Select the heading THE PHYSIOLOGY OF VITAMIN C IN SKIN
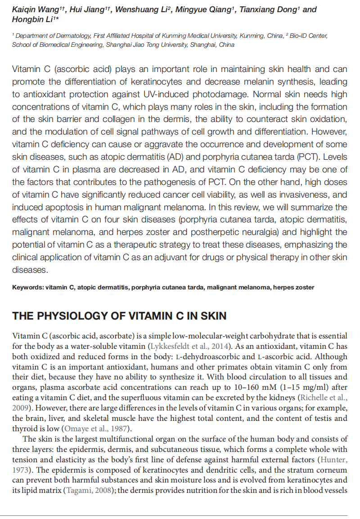click(119, 316)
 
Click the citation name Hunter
click(333, 459)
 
